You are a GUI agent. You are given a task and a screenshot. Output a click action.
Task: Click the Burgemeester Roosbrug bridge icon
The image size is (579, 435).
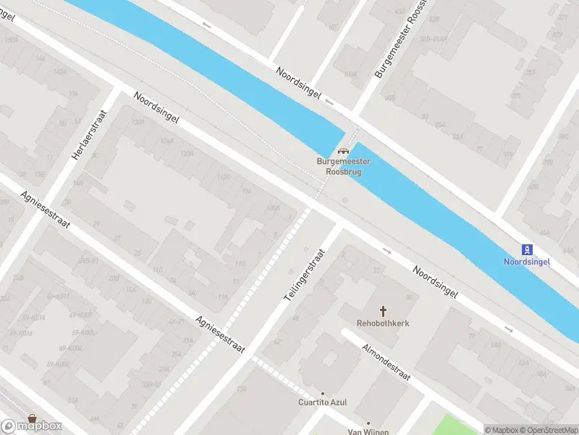click(342, 152)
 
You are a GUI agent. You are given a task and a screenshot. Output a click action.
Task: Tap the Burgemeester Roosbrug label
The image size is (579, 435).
click(339, 167)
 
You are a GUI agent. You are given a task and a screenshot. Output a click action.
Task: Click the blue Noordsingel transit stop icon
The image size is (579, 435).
click(528, 249)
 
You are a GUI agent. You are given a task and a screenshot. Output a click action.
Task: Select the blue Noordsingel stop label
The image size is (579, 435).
click(527, 261)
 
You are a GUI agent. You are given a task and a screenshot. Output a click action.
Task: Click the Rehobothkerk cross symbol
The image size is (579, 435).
click(383, 310)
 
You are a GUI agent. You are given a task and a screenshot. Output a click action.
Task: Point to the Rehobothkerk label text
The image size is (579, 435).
click(383, 323)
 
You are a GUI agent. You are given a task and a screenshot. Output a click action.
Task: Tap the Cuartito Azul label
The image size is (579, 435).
click(324, 402)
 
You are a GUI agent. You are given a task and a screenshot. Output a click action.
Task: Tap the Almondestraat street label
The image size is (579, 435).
click(386, 362)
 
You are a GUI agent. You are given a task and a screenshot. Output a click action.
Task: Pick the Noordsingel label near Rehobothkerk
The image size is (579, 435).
click(436, 283)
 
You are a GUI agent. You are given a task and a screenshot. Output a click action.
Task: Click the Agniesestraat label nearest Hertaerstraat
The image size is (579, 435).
click(45, 210)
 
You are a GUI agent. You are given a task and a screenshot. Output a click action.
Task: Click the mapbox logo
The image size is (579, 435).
click(32, 426)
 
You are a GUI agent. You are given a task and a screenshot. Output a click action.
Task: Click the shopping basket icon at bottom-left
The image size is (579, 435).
click(31, 418)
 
